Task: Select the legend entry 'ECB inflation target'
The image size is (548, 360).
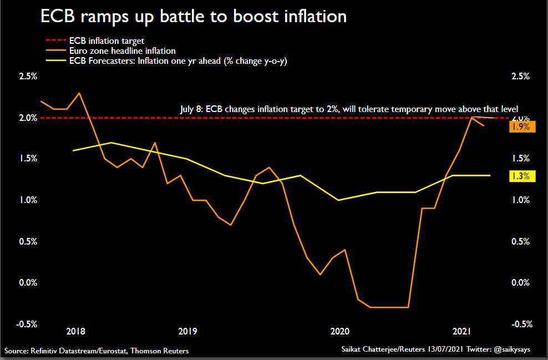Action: (x=106, y=41)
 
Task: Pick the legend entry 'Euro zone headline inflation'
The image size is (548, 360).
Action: (x=122, y=51)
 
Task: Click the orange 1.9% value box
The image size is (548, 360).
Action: (x=521, y=126)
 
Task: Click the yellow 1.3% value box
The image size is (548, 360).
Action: (x=521, y=176)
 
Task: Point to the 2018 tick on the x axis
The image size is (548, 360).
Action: (x=75, y=331)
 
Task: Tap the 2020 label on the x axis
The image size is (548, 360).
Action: (x=339, y=331)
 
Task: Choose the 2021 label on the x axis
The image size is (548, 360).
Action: (x=463, y=331)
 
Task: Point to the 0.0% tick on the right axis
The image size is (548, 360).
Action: (x=520, y=283)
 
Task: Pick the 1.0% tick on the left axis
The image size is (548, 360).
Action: (x=28, y=200)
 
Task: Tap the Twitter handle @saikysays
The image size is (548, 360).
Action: (x=516, y=351)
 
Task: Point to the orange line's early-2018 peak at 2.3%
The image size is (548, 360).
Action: (x=80, y=93)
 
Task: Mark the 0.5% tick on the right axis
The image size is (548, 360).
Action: (x=520, y=242)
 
